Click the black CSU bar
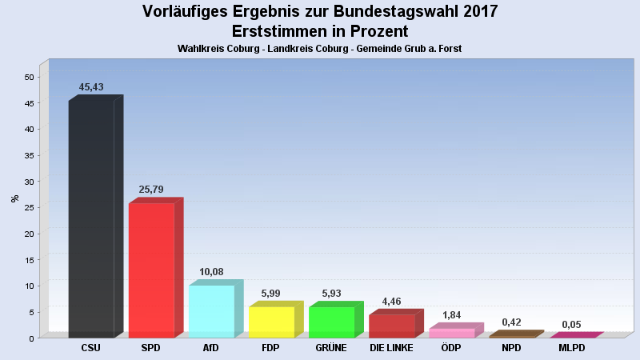tap(96, 216)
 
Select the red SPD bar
tap(156, 268)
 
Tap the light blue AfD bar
tap(216, 309)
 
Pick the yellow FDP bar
tap(276, 319)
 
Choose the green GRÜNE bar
tap(336, 319)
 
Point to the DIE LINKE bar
tap(396, 324)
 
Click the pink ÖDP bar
tap(456, 330)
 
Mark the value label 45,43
tap(91, 87)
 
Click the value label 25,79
tap(151, 190)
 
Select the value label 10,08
tap(211, 272)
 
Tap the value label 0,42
tap(511, 322)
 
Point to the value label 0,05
tap(571, 325)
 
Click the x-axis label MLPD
tap(571, 348)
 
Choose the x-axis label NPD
tap(511, 348)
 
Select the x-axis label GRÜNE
tap(331, 348)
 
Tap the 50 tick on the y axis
tap(29, 77)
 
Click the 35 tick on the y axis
tap(29, 155)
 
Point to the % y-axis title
tap(14, 198)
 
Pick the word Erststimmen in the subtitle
tap(277, 31)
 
